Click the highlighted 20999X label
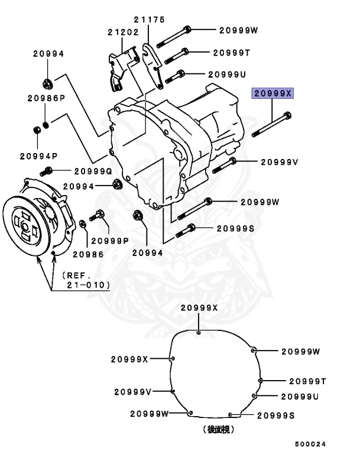(x=273, y=93)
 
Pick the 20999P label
(x=109, y=241)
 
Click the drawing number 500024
(x=311, y=443)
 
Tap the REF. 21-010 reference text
(x=86, y=280)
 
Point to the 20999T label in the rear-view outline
(x=307, y=381)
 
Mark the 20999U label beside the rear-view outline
(x=300, y=396)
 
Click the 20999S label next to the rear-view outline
(x=275, y=416)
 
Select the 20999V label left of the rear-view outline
(x=132, y=391)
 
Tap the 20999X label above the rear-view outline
(x=199, y=307)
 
